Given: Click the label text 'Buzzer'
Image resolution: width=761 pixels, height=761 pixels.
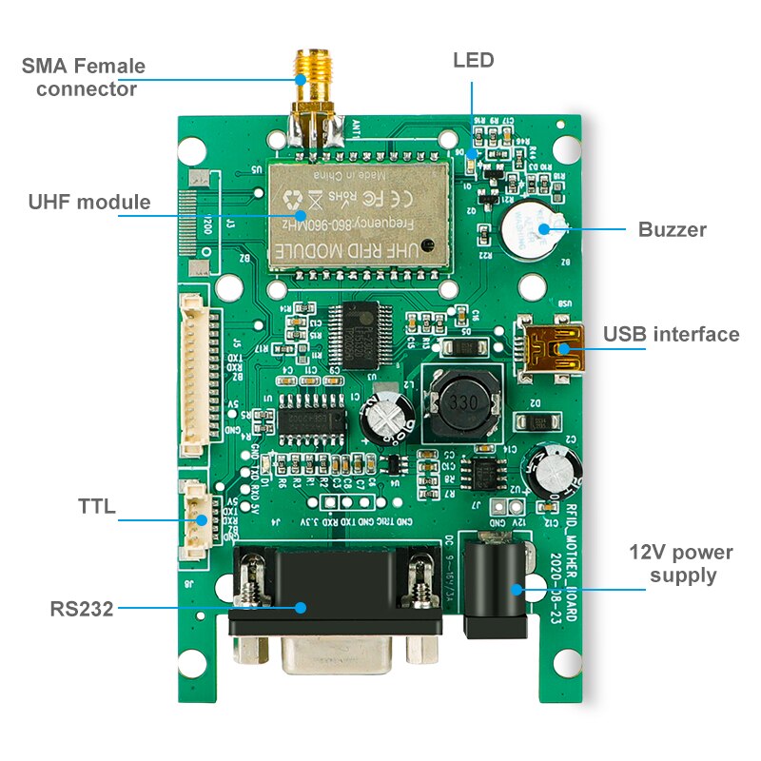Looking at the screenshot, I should [672, 229].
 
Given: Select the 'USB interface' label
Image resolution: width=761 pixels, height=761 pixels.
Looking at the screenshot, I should [671, 334].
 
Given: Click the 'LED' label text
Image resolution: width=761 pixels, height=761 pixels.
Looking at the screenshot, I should [473, 61].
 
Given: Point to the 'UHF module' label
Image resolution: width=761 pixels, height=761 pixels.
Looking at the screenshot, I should [88, 202].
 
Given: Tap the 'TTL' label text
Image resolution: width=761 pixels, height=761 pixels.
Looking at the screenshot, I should [96, 507].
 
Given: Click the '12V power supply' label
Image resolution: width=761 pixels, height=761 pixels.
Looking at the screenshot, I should [681, 564].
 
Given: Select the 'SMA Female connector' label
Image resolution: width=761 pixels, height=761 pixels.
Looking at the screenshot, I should [84, 78].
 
